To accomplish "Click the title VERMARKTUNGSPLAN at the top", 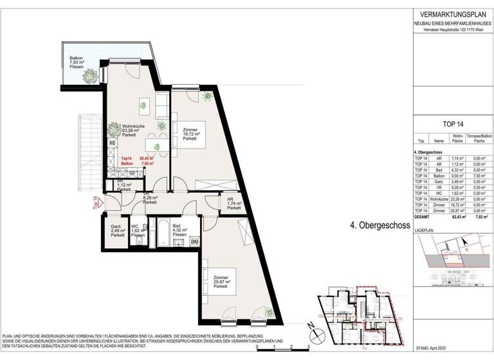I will (x=451, y=15).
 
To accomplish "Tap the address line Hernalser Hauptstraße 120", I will (x=451, y=31).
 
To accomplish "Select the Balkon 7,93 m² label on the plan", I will (x=80, y=63).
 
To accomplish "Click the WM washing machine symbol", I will (x=194, y=241).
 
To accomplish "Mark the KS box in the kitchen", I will (x=112, y=143).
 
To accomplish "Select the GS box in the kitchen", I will (x=132, y=172).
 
